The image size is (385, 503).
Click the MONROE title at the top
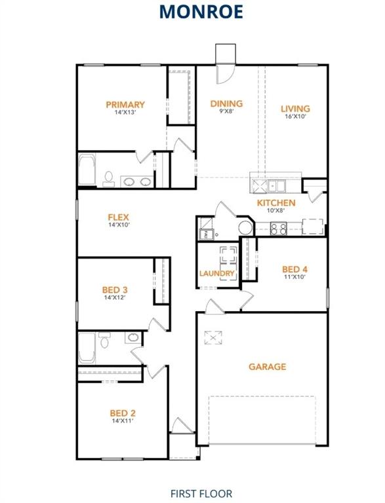(x=192, y=11)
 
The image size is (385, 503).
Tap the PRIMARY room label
(x=125, y=104)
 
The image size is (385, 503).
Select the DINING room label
(x=226, y=103)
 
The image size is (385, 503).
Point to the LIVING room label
(x=295, y=109)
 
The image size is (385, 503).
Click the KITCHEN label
(x=275, y=203)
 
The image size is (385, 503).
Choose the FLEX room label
(x=119, y=217)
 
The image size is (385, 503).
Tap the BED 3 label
(x=114, y=289)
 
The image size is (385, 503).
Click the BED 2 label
(x=123, y=413)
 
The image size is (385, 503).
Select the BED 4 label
(x=294, y=269)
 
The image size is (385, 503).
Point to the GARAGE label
(x=267, y=367)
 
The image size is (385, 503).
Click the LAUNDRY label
(x=217, y=273)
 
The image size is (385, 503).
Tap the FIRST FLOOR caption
(x=201, y=493)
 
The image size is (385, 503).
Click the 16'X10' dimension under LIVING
(x=295, y=117)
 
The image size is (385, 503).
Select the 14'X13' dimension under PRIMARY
(x=125, y=112)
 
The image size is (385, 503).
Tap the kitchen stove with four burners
(x=278, y=229)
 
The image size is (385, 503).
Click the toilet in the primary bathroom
(x=108, y=177)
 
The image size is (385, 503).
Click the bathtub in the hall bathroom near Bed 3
(x=87, y=348)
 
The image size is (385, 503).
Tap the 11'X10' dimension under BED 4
(x=294, y=277)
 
